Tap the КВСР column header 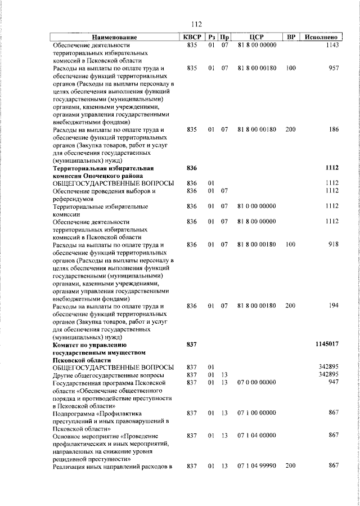(192, 37)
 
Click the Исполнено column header (320, 37)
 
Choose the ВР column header (291, 37)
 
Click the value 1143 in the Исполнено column (331, 44)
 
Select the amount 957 (333, 68)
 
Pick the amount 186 (333, 129)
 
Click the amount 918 (333, 245)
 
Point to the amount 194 (333, 306)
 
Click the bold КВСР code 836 (192, 168)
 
